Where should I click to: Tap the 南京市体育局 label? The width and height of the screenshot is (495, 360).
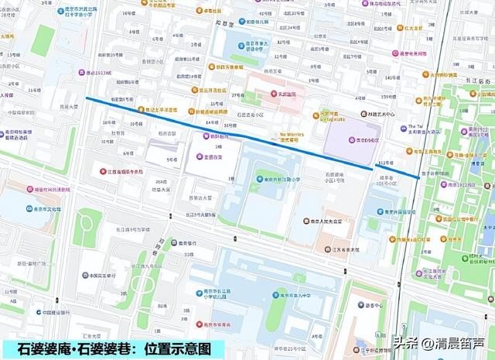click(221, 324)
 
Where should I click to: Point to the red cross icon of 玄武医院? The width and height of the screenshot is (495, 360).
click(261, 95)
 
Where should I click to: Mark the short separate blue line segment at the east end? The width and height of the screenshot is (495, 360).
click(398, 171)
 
